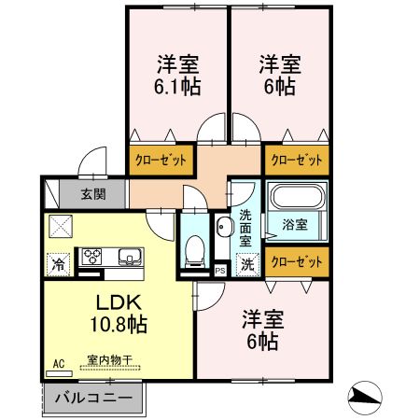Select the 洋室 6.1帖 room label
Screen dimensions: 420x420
click(177, 74)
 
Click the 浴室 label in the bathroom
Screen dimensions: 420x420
click(297, 225)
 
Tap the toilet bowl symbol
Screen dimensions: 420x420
click(194, 247)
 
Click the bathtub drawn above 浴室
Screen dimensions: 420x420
click(297, 198)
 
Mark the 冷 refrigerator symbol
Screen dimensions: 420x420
click(59, 262)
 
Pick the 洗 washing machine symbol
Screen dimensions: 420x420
click(246, 263)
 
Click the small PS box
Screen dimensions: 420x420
click(219, 271)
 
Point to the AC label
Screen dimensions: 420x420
click(58, 363)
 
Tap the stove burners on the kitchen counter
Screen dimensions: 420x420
click(94, 256)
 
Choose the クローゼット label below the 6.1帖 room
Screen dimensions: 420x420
click(162, 160)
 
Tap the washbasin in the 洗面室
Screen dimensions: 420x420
click(224, 229)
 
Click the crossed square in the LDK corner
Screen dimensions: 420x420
click(60, 227)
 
